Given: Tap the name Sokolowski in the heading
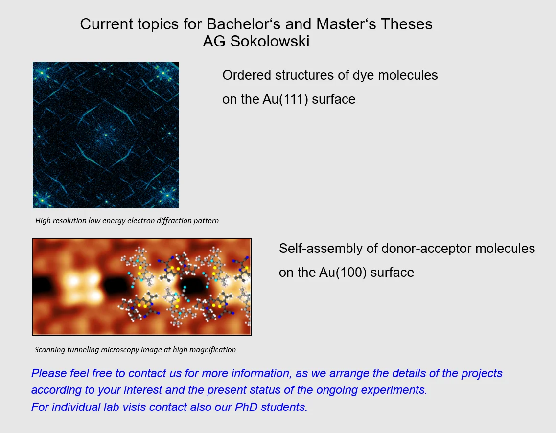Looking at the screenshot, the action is point(270,41).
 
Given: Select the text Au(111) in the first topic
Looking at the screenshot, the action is point(285,99).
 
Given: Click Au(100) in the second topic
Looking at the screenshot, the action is point(343,273).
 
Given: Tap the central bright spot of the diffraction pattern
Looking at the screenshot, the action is point(106,135).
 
